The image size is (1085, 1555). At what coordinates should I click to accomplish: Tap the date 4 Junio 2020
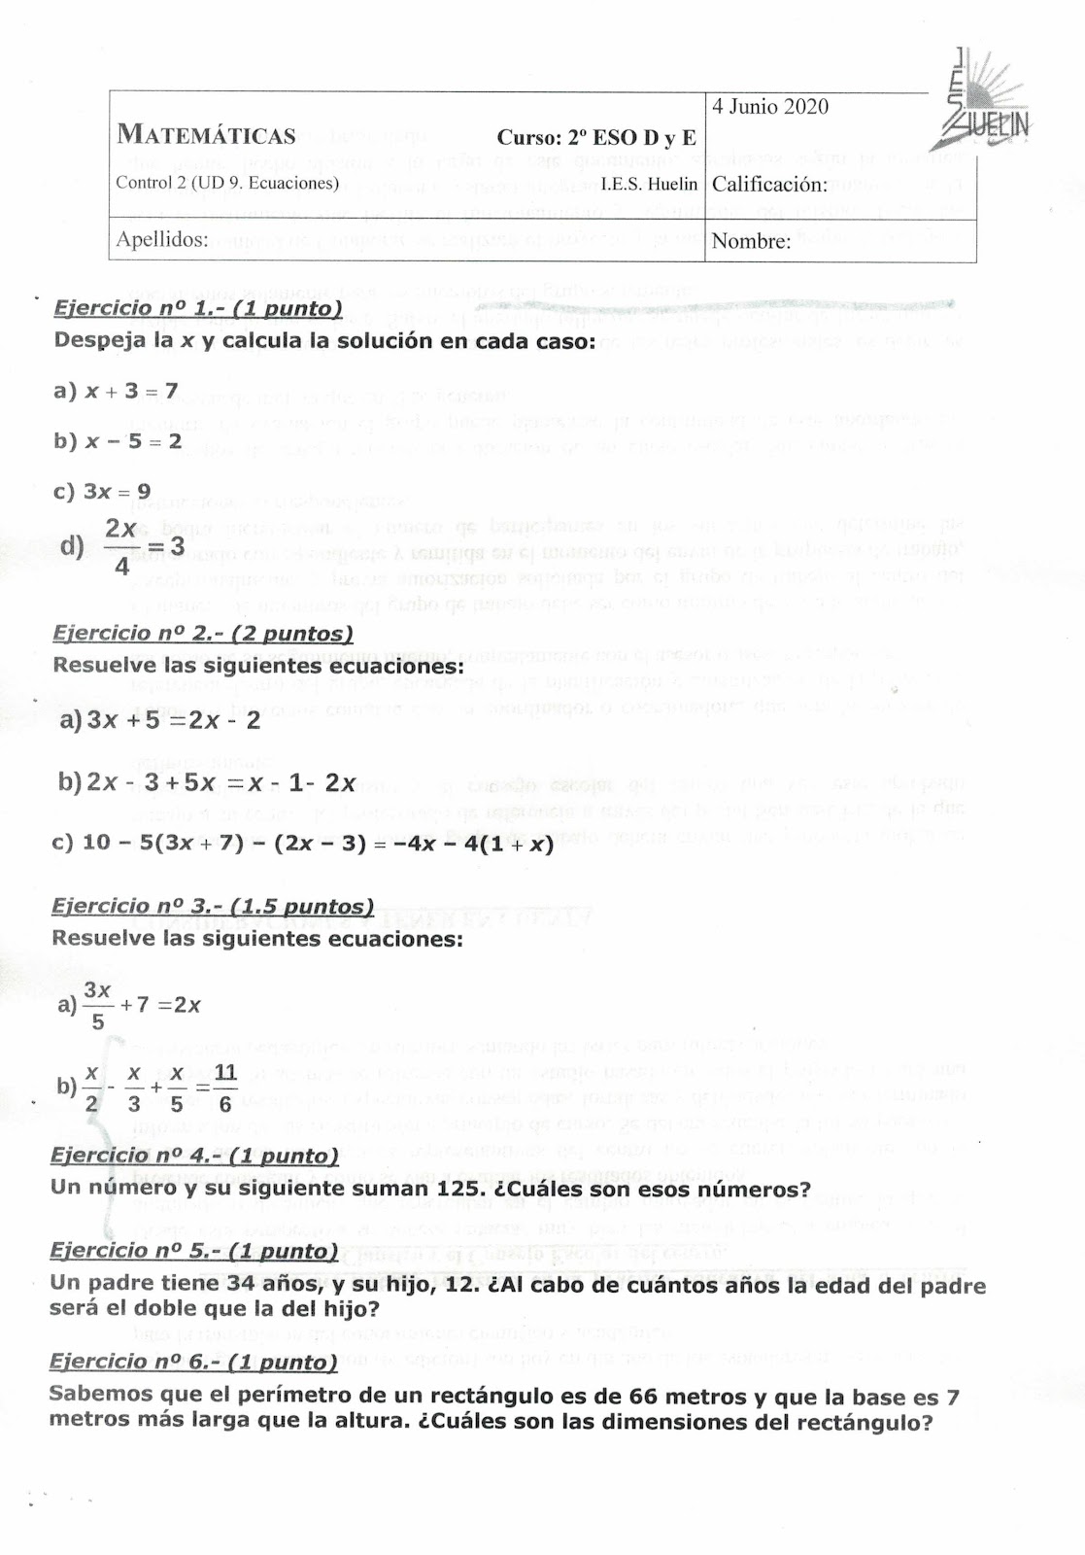coord(770,107)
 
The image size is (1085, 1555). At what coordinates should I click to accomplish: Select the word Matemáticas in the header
coord(206,135)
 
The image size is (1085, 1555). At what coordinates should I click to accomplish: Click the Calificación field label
coord(769,185)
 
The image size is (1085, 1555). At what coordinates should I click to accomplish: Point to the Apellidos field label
coord(162,239)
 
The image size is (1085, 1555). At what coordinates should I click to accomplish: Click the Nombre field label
coord(751,241)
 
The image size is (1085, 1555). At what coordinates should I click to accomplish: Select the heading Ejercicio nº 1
coord(198,309)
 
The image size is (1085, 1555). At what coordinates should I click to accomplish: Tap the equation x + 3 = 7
coord(130,391)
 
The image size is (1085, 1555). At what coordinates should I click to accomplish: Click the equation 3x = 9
coord(117,491)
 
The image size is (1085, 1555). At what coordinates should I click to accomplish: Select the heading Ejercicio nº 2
coord(202,634)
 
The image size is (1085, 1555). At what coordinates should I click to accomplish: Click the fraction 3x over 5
coord(97,1005)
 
